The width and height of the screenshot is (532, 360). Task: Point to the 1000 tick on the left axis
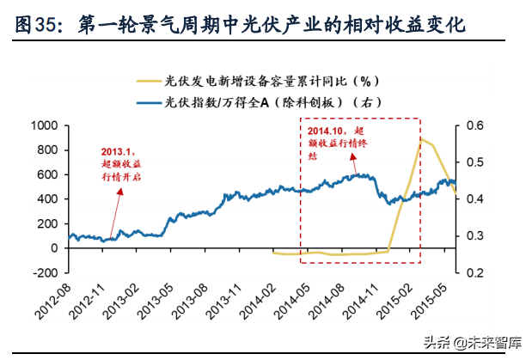click(43, 125)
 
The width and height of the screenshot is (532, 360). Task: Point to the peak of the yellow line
click(421, 139)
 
